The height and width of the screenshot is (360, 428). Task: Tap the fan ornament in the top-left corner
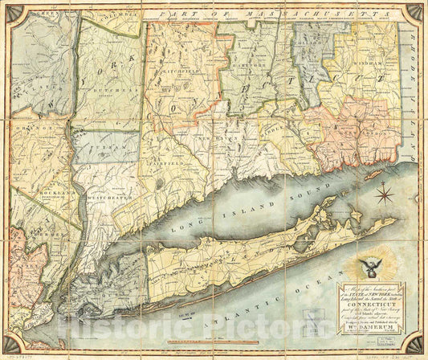tap(10, 11)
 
